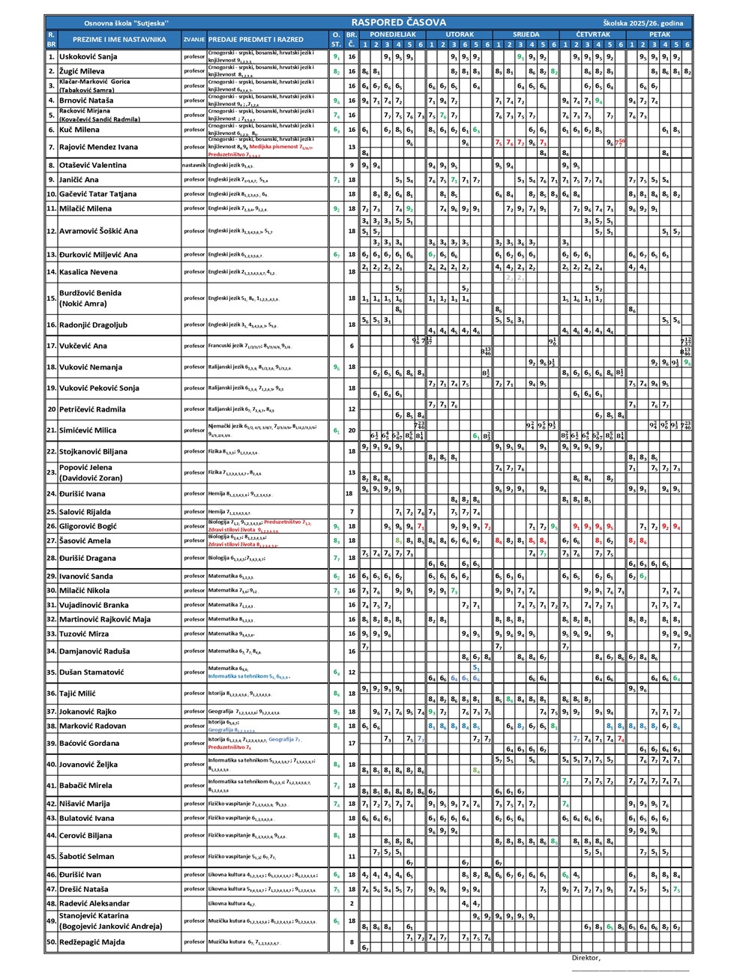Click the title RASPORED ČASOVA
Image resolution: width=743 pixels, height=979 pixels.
point(398,22)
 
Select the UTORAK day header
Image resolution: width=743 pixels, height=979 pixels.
point(460,34)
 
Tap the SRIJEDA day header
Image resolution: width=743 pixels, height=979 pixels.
point(526,34)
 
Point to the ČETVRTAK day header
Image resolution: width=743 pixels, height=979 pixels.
point(593,34)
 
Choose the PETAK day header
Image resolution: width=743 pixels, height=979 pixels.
point(660,34)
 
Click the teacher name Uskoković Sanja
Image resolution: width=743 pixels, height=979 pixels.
point(88,56)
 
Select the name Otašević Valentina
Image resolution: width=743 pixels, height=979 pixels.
point(93,165)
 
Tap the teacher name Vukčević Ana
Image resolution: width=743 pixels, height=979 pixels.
point(83,346)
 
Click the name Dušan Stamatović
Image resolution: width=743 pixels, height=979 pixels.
point(91,672)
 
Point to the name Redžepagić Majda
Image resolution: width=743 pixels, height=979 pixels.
point(92,942)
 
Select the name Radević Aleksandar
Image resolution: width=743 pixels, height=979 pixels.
point(94,903)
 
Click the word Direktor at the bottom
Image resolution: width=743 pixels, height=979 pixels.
point(586,957)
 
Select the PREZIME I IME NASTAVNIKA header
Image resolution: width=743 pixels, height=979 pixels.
point(119,39)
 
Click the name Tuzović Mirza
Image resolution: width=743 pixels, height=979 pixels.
point(84,633)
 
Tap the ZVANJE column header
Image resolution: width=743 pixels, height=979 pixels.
point(194,39)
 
